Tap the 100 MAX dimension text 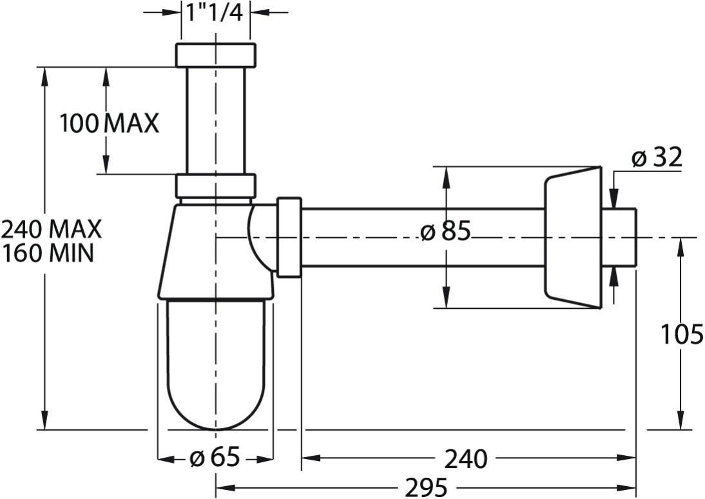(110, 123)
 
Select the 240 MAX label (52, 229)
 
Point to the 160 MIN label (48, 253)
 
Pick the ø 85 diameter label (445, 231)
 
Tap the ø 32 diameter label (657, 157)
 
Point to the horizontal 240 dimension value (466, 459)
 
